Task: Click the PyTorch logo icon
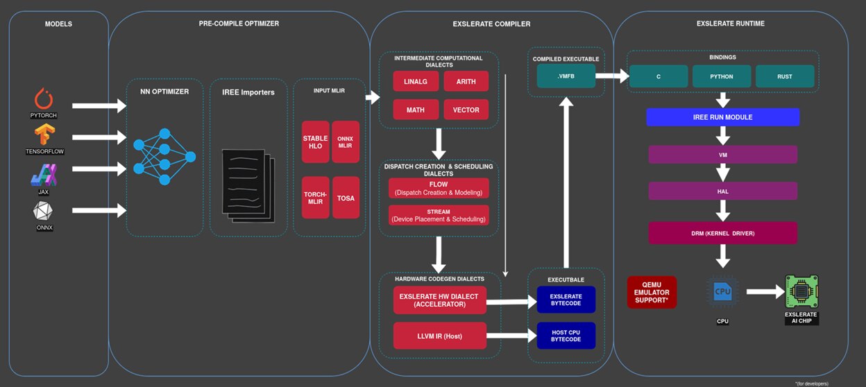(x=43, y=98)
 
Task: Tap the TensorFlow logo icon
(x=43, y=134)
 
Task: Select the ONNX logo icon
(x=43, y=210)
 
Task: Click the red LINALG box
(x=416, y=81)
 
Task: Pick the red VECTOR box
(x=466, y=110)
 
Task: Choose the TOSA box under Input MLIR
(x=346, y=198)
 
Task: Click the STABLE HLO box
(x=315, y=141)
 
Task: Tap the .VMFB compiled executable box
(x=566, y=76)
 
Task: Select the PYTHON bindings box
(x=722, y=76)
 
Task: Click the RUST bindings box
(x=784, y=76)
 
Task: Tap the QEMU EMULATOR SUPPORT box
(x=651, y=292)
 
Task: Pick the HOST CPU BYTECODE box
(x=566, y=336)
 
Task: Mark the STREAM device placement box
(x=439, y=215)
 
